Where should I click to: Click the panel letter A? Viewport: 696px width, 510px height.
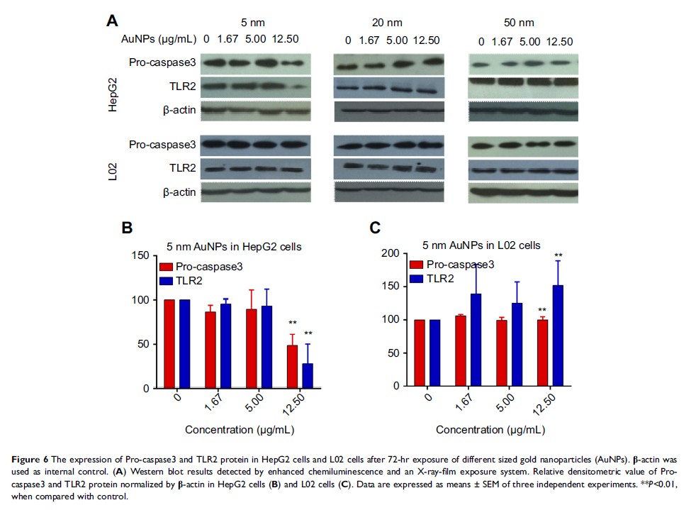111,21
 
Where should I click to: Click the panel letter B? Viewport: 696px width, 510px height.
128,228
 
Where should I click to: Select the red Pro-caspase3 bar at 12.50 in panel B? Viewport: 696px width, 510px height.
292,367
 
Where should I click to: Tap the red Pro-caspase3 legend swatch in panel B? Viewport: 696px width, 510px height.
166,267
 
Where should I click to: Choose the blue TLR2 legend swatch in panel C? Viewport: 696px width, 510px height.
416,278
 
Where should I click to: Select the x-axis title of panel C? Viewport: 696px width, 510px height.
485,430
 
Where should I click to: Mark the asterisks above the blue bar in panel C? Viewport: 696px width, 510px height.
559,256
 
